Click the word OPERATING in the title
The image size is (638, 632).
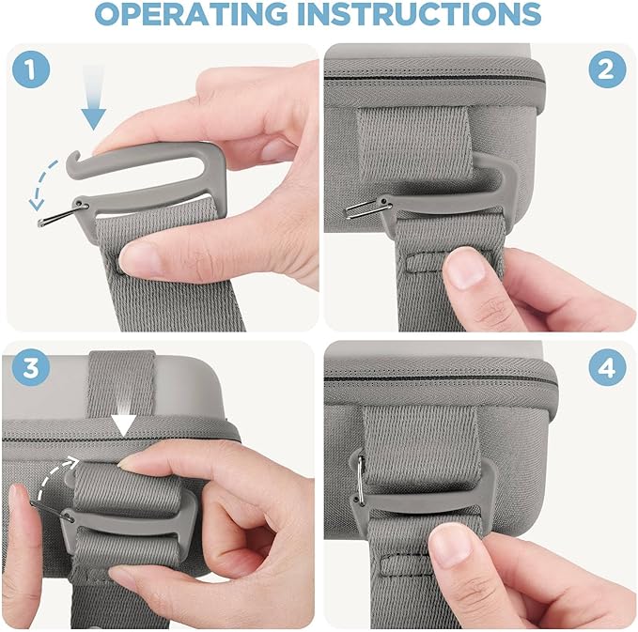pyautogui.click(x=192, y=13)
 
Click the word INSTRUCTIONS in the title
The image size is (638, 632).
pyautogui.click(x=419, y=13)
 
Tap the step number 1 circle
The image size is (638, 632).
pyautogui.click(x=31, y=69)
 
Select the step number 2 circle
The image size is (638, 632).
pyautogui.click(x=607, y=69)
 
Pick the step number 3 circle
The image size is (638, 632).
pyautogui.click(x=31, y=368)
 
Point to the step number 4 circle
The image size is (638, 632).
pyautogui.click(x=607, y=368)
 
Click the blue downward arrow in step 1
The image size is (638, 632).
pyautogui.click(x=93, y=99)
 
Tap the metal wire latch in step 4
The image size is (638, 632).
pyautogui.click(x=361, y=481)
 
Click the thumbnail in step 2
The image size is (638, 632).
pyautogui.click(x=465, y=269)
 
